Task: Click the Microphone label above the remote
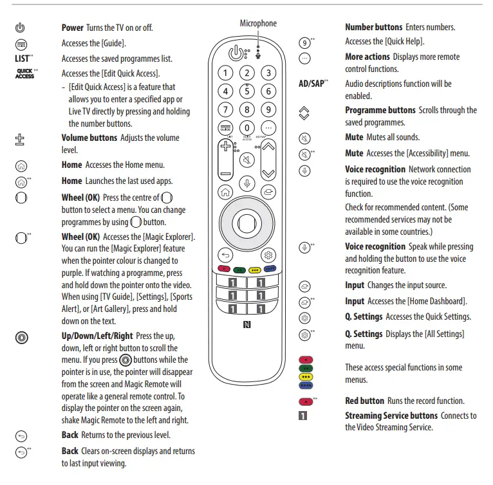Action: pos(258,24)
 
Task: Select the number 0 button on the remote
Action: pos(247,127)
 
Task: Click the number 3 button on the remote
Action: pos(268,73)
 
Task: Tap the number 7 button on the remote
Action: pos(225,109)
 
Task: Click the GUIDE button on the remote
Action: pos(225,127)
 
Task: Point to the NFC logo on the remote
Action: pos(247,324)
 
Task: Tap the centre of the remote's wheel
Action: pos(247,221)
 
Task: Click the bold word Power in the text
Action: pos(73,28)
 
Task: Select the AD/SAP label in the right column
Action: pos(313,84)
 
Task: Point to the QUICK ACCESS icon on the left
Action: pos(24,74)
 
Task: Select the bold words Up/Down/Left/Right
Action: pos(97,336)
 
